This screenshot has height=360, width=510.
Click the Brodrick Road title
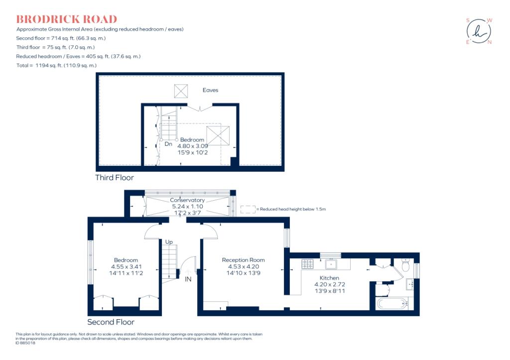coord(67,19)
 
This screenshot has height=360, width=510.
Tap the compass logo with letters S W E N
coord(479,31)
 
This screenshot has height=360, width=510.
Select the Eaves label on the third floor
coord(210,90)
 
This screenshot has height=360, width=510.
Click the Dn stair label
coord(168,144)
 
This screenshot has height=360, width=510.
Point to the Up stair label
coord(169,241)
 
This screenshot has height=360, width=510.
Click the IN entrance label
coord(188,279)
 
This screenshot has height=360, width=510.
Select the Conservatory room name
coord(187,200)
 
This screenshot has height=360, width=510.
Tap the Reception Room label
coord(243,260)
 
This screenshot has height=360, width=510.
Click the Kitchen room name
coord(329,278)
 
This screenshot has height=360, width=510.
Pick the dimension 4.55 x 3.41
coord(126,267)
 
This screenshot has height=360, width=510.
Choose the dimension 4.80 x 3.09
coord(193,146)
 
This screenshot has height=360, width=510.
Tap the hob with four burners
coord(307,264)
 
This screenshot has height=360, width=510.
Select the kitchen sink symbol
coord(331,264)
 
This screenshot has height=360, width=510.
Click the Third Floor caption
coord(115,178)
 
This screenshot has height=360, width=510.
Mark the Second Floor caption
coord(111,322)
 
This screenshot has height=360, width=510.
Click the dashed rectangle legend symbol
coord(248,210)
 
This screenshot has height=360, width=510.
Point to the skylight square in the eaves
coord(181,91)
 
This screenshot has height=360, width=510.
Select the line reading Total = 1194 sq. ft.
coord(57,65)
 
